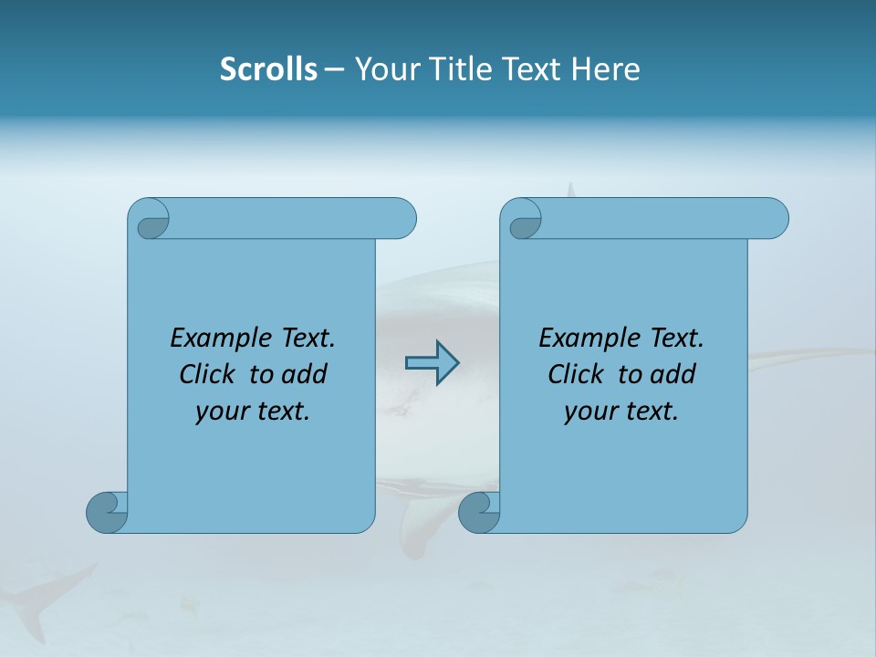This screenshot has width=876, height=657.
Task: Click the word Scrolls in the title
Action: (269, 69)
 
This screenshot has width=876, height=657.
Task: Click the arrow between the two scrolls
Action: (432, 363)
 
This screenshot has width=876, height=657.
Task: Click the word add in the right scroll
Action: (671, 374)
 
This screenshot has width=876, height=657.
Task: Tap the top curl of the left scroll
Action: (150, 220)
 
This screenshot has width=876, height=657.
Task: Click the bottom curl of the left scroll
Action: (107, 512)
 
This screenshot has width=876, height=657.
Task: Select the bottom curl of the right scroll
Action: (479, 512)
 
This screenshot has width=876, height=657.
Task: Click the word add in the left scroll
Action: (302, 374)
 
